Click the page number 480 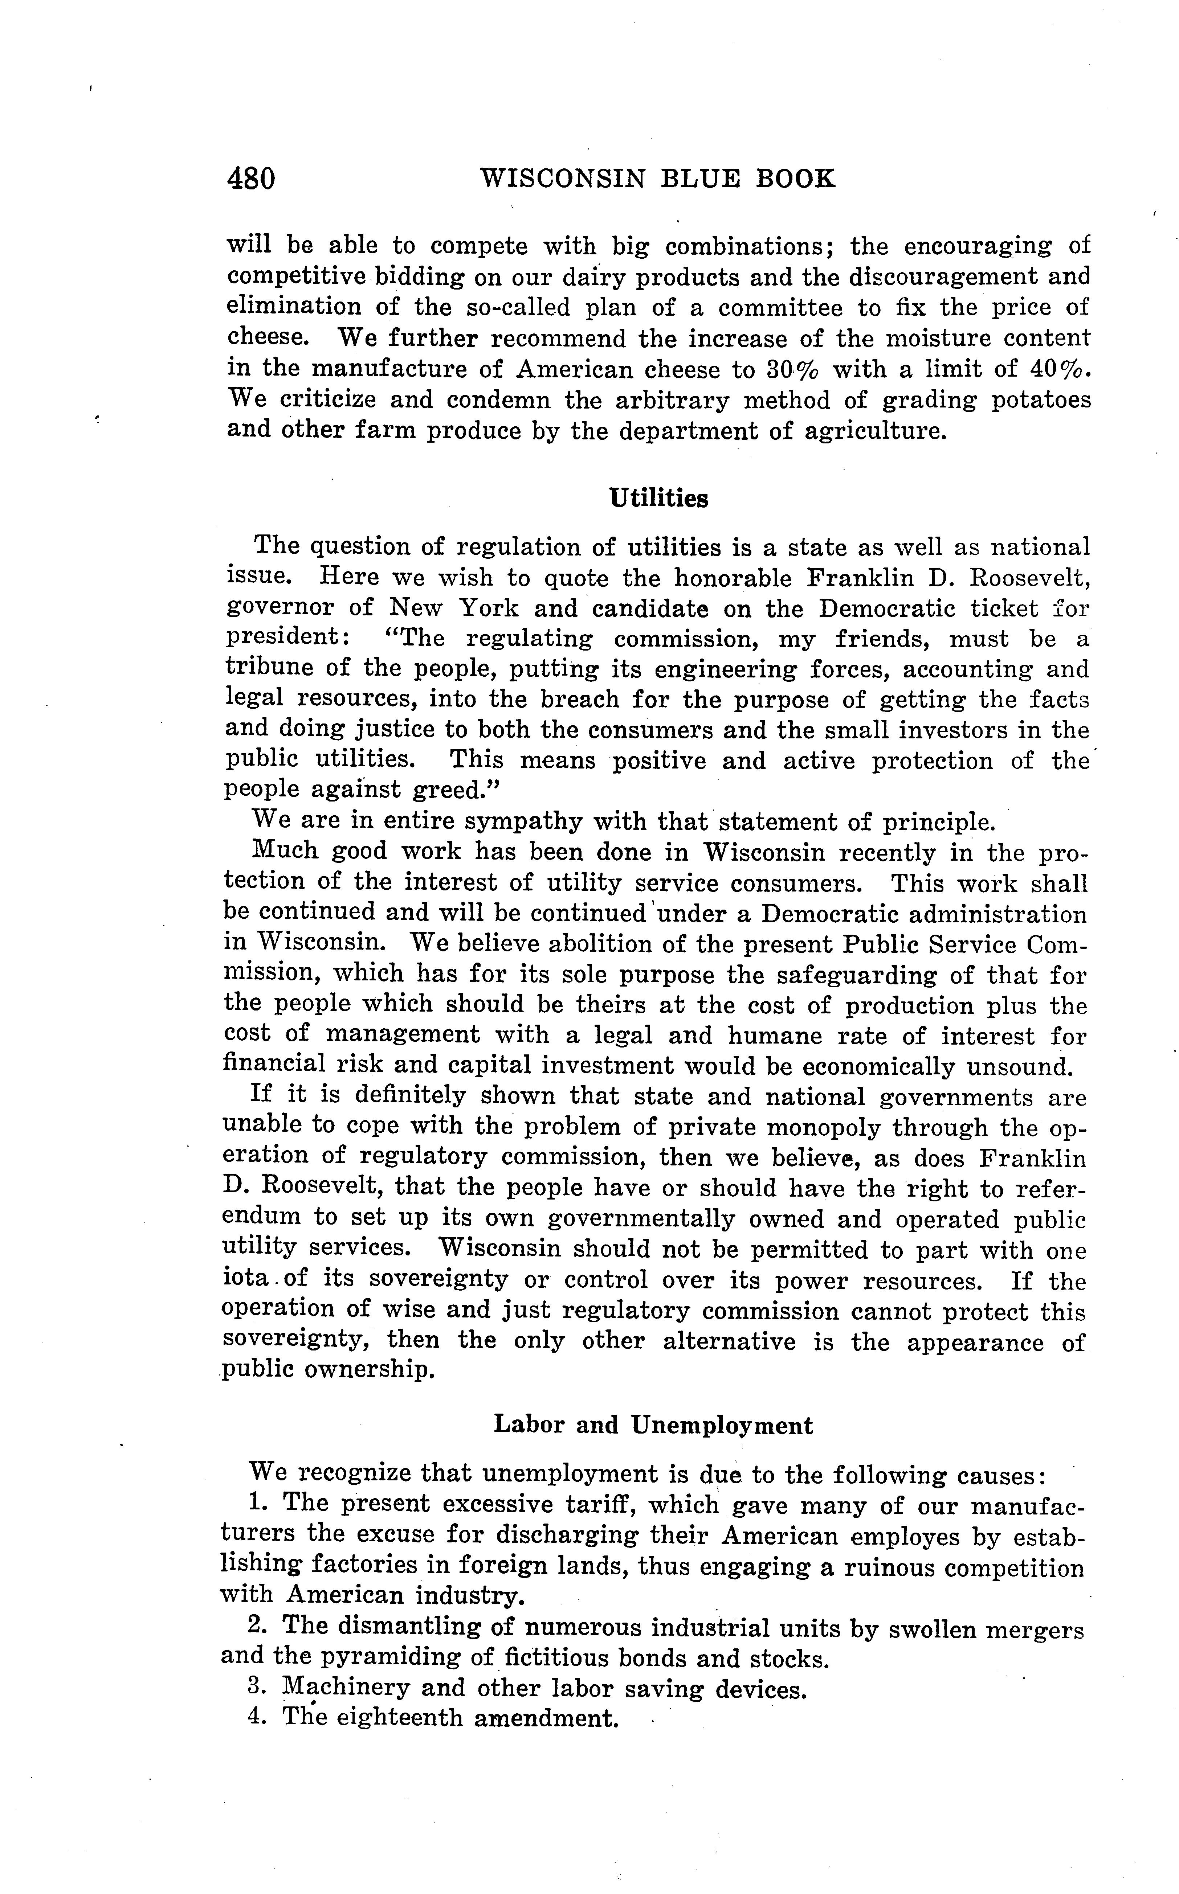(x=251, y=180)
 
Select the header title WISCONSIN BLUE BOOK (x=657, y=180)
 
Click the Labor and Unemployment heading (x=653, y=1426)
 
